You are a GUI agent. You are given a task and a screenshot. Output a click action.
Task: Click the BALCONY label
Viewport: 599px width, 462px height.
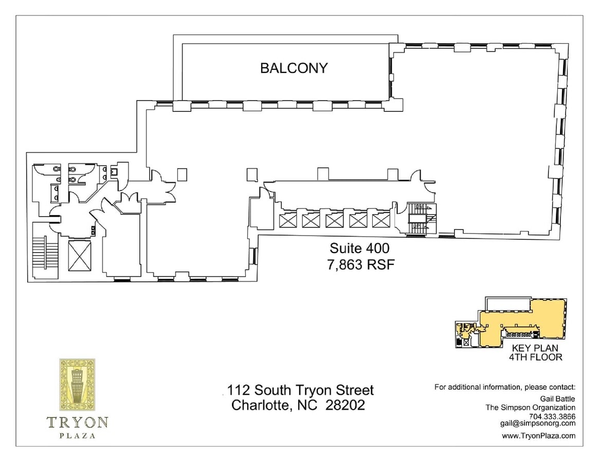294,68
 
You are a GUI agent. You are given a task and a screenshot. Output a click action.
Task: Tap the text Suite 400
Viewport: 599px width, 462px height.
359,248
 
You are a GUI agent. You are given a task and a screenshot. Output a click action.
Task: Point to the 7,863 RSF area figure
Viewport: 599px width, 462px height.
359,264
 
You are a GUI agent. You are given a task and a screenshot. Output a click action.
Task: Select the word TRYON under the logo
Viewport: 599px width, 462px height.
78,422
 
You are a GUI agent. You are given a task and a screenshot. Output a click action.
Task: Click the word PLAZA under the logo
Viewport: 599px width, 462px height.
78,436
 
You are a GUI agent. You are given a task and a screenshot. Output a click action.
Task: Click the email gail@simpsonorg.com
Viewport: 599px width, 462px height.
537,423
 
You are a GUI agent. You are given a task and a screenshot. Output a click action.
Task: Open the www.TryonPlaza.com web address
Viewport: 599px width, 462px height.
538,436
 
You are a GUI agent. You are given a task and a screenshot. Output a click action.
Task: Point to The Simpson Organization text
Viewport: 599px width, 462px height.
531,408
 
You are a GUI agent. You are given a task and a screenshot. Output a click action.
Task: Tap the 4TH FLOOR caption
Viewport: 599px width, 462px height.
535,357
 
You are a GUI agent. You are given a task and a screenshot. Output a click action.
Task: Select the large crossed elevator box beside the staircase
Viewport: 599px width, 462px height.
79,256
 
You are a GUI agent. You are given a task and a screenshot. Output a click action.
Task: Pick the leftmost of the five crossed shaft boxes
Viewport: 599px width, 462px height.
287,221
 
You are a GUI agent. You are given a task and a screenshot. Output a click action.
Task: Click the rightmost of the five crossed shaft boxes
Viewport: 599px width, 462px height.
381,221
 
